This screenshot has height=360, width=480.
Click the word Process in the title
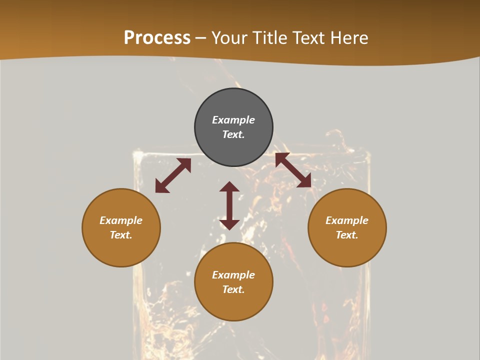pos(157,38)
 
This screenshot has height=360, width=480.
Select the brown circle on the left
pos(121,250)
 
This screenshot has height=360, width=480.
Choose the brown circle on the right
pos(347,250)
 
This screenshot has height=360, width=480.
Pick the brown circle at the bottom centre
pos(233,305)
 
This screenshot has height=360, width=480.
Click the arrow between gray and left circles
pos(173,175)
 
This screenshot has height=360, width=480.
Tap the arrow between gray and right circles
pos(293,170)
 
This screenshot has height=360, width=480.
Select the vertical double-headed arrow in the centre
pos(229,205)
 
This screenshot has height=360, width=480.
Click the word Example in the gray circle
pos(233,120)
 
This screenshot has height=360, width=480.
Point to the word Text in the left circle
pos(121,235)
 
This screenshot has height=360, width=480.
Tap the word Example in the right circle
pos(347,220)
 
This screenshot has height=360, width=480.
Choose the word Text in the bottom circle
pos(233,289)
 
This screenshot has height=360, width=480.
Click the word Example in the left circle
pos(121,220)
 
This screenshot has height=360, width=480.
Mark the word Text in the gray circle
pos(233,134)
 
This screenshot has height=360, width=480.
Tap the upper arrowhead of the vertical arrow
pos(229,187)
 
